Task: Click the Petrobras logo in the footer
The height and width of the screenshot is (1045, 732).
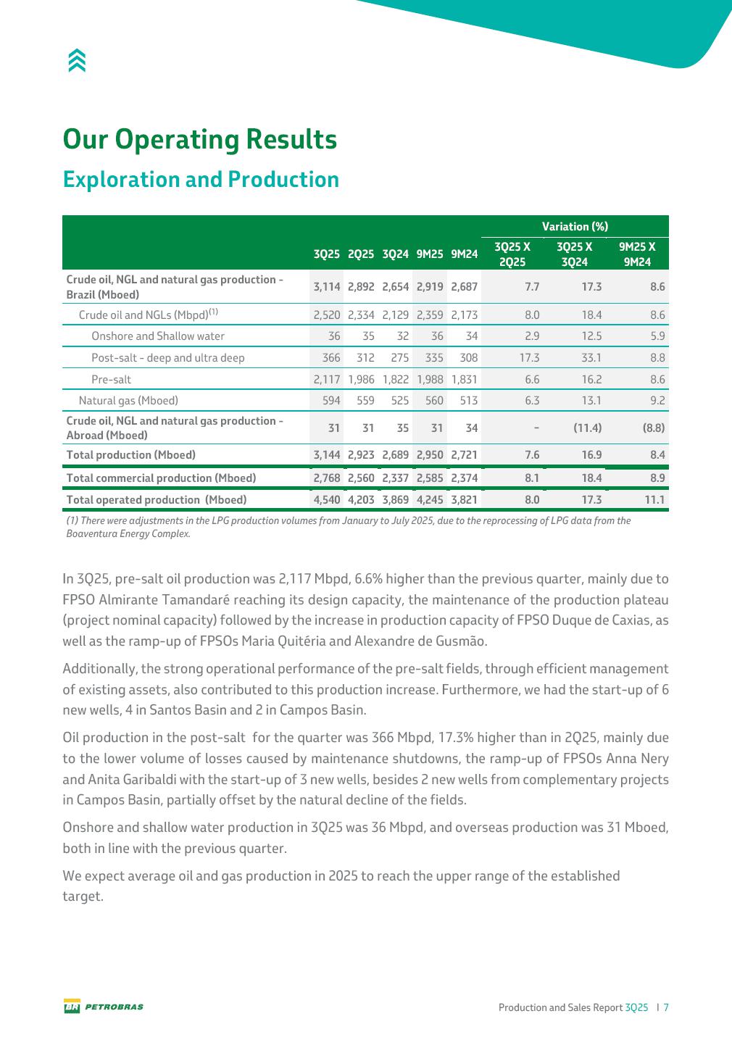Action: click(103, 1007)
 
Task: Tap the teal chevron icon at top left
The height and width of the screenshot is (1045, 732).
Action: click(77, 60)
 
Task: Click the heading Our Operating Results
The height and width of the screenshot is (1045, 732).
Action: click(199, 139)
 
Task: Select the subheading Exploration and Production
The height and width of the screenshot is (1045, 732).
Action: click(201, 179)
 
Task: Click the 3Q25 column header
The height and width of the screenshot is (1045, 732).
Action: click(326, 254)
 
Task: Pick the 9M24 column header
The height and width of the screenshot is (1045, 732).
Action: click(464, 254)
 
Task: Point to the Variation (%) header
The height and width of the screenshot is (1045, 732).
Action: click(575, 227)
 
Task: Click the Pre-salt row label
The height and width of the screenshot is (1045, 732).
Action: click(111, 379)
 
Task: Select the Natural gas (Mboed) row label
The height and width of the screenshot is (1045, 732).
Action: click(128, 400)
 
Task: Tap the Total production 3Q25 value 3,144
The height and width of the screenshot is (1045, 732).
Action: click(326, 455)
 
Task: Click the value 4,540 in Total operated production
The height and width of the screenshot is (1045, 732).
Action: click(326, 499)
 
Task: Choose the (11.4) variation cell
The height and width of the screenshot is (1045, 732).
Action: click(587, 428)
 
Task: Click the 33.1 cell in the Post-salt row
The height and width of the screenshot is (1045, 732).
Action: click(591, 357)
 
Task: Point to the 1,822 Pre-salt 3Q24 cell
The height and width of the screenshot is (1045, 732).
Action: click(396, 379)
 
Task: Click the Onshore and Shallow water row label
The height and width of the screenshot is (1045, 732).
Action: click(158, 336)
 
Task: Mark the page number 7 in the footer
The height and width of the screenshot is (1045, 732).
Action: click(666, 1007)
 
